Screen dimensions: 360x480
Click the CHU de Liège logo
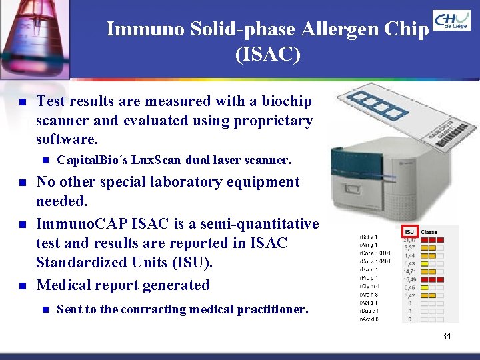[451, 21]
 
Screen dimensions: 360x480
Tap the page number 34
[446, 336]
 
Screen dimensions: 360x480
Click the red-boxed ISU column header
[409, 231]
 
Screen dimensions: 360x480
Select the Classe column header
[429, 231]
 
